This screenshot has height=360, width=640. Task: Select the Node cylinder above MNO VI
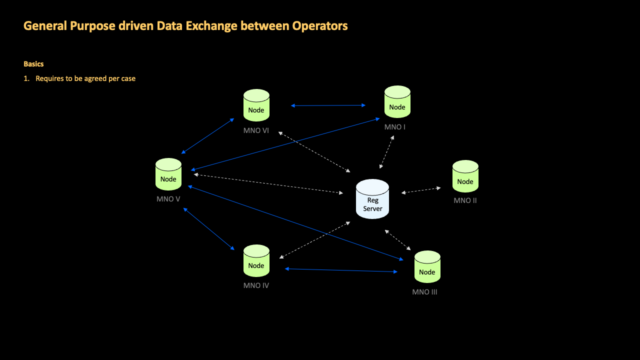(x=256, y=105)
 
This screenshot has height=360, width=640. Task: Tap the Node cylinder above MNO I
(x=397, y=102)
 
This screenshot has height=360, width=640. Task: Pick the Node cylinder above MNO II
(x=465, y=176)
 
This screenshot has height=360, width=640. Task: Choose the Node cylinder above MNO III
(x=427, y=267)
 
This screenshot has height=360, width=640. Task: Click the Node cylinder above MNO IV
(x=256, y=261)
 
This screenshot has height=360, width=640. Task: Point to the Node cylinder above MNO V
(x=168, y=174)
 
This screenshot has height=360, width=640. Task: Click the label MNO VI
(x=256, y=130)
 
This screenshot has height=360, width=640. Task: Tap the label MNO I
(x=394, y=127)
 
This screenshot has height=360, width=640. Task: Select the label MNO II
(x=465, y=200)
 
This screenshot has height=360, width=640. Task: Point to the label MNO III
(x=424, y=292)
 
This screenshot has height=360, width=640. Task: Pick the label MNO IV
(x=256, y=286)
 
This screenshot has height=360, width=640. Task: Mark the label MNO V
(x=168, y=199)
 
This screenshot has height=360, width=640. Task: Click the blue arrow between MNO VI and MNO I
(x=328, y=105)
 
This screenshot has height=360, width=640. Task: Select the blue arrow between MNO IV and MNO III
(x=341, y=270)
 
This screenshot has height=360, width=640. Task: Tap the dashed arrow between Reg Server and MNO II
(x=421, y=190)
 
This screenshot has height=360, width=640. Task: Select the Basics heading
(x=33, y=64)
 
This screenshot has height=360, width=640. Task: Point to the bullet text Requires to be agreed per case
(x=85, y=78)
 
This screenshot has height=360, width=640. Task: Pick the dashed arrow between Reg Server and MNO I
(x=386, y=151)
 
